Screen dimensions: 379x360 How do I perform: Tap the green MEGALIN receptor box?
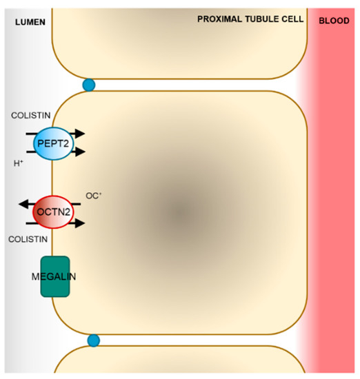click(x=54, y=277)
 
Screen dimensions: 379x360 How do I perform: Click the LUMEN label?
click(x=28, y=21)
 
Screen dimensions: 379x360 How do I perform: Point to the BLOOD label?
click(x=334, y=21)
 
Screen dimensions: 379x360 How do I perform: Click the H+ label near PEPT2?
click(x=19, y=164)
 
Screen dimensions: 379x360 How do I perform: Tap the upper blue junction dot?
click(x=89, y=85)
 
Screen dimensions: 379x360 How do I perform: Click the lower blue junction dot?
click(x=94, y=340)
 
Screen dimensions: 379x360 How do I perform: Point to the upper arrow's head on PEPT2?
click(x=80, y=134)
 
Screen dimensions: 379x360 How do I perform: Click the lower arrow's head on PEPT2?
click(x=80, y=152)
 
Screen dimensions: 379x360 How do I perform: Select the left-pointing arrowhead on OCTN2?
click(x=21, y=204)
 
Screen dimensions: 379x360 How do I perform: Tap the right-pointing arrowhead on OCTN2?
click(x=80, y=223)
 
